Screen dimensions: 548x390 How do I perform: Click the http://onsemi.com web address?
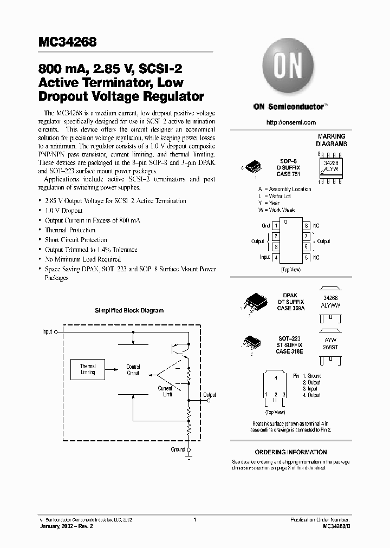291,123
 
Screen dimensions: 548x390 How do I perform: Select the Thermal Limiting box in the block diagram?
88,369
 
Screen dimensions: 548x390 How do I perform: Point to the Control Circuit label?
133,370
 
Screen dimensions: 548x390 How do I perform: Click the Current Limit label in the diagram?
165,392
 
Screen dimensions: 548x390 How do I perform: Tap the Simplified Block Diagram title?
129,311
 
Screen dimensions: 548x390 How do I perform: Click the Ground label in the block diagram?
178,449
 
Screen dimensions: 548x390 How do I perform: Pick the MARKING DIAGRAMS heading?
331,141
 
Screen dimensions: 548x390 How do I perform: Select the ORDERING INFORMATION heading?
291,452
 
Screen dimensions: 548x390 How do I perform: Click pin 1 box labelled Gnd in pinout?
276,226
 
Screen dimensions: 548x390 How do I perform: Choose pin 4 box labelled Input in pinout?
276,257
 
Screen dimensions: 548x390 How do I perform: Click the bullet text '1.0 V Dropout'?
63,211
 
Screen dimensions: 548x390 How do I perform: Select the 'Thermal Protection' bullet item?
70,230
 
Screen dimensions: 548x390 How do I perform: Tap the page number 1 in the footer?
194,519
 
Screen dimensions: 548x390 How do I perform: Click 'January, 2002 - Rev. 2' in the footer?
71,526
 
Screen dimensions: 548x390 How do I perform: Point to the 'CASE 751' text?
289,174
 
